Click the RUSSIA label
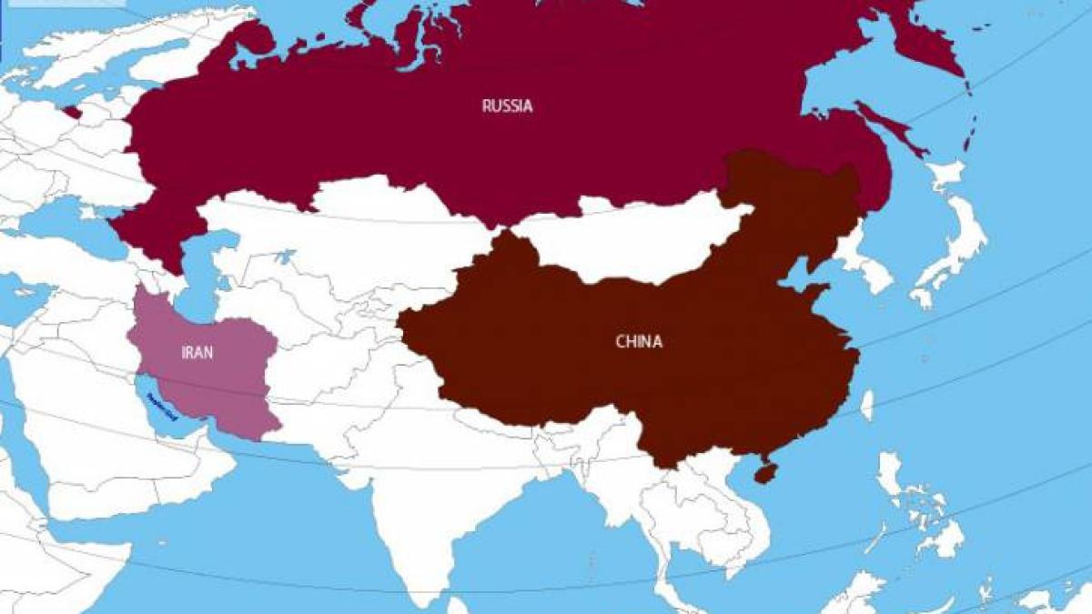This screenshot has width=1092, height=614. [x=507, y=106]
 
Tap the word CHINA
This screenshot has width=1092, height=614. [x=639, y=342]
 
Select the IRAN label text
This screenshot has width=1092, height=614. [x=197, y=352]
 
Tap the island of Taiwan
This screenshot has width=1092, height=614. [x=866, y=405]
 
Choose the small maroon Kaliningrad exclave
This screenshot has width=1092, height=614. [x=72, y=113]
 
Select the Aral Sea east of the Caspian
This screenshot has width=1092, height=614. [x=284, y=257]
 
